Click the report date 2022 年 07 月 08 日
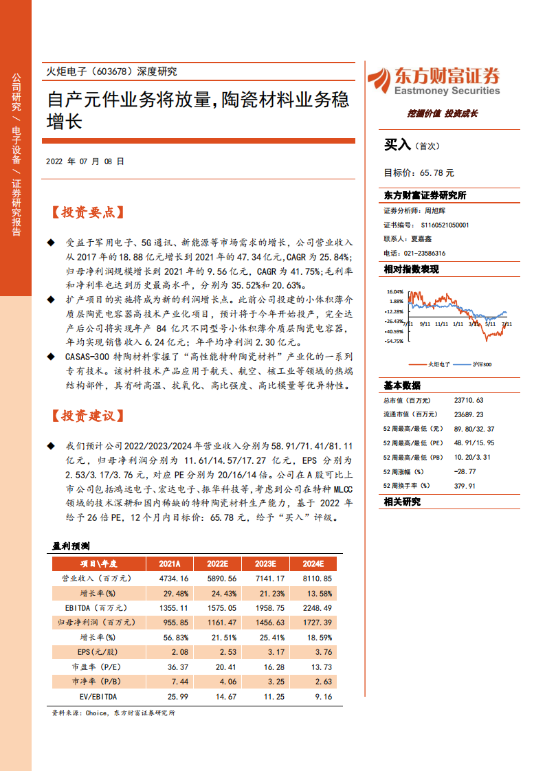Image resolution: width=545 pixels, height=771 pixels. coord(85,163)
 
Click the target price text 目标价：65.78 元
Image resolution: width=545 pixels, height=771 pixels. coord(419,173)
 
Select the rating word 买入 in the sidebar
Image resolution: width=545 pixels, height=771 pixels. coord(397,145)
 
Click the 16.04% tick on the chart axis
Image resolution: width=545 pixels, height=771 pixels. coord(394,291)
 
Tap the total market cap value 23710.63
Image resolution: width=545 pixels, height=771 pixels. coord(469,400)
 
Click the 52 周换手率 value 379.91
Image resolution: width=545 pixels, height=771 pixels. coord(465,486)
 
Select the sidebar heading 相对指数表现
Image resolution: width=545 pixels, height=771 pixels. coord(411,269)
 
